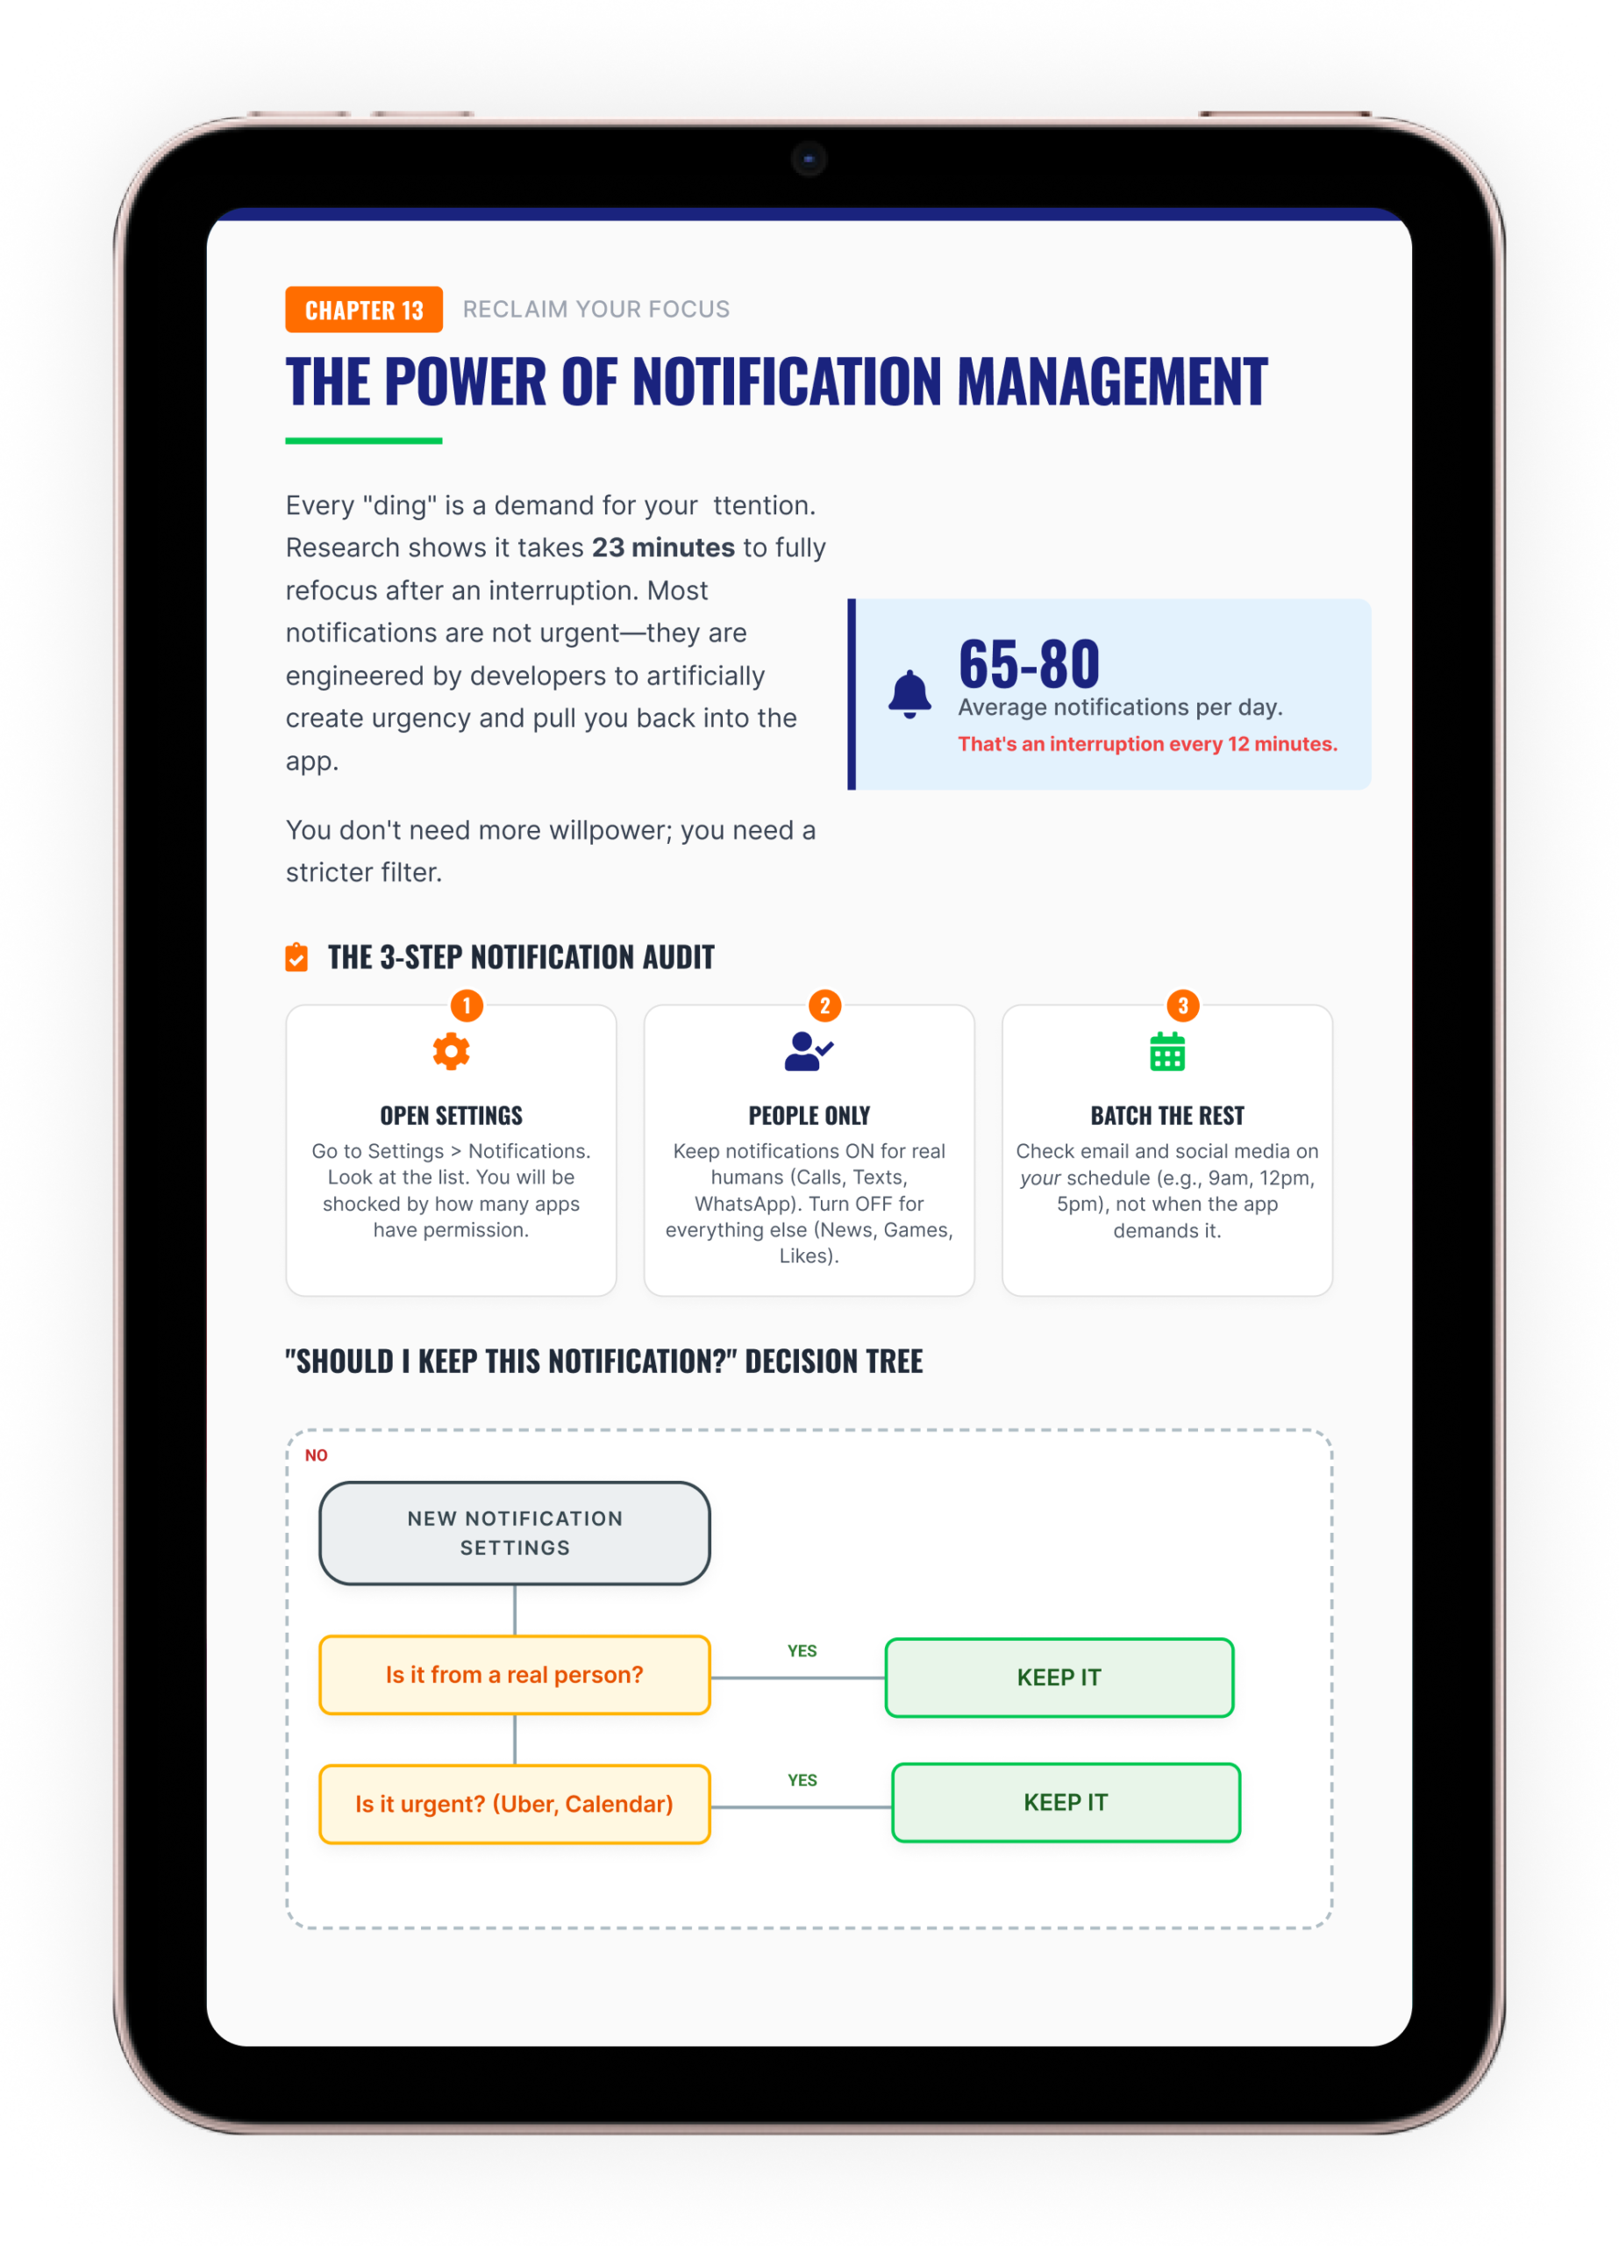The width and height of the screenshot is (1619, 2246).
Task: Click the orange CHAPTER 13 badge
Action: pyautogui.click(x=363, y=310)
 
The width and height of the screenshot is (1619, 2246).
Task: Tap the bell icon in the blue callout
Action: pyautogui.click(x=909, y=693)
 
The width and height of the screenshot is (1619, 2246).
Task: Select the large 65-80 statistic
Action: pyautogui.click(x=1029, y=663)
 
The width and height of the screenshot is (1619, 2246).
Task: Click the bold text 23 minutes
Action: pyautogui.click(x=662, y=547)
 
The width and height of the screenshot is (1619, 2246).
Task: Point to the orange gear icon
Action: pyautogui.click(x=451, y=1051)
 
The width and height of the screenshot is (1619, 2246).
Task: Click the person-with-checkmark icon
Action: pyautogui.click(x=808, y=1051)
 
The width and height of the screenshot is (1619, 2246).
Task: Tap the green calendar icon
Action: pyautogui.click(x=1166, y=1052)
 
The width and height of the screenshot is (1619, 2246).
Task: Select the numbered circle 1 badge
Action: pyautogui.click(x=467, y=1005)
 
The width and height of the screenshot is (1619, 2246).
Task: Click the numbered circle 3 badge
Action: pyautogui.click(x=1182, y=1005)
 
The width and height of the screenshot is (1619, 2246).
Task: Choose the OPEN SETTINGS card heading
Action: pyautogui.click(x=451, y=1115)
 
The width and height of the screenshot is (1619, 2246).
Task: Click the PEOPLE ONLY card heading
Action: pyautogui.click(x=809, y=1115)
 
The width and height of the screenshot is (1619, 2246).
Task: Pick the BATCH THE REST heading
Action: pyautogui.click(x=1166, y=1115)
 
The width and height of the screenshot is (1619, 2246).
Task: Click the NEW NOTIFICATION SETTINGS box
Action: pyautogui.click(x=514, y=1533)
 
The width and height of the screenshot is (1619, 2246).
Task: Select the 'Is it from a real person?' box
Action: pyautogui.click(x=514, y=1675)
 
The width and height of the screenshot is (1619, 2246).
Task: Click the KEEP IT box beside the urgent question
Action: pyautogui.click(x=1066, y=1802)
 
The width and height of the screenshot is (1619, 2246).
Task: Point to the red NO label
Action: pyautogui.click(x=316, y=1455)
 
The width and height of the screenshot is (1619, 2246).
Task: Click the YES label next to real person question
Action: pyautogui.click(x=802, y=1651)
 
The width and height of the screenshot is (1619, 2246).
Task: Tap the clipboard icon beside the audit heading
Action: pyautogui.click(x=296, y=957)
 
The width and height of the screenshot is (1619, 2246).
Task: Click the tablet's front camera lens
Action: pyautogui.click(x=809, y=159)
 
